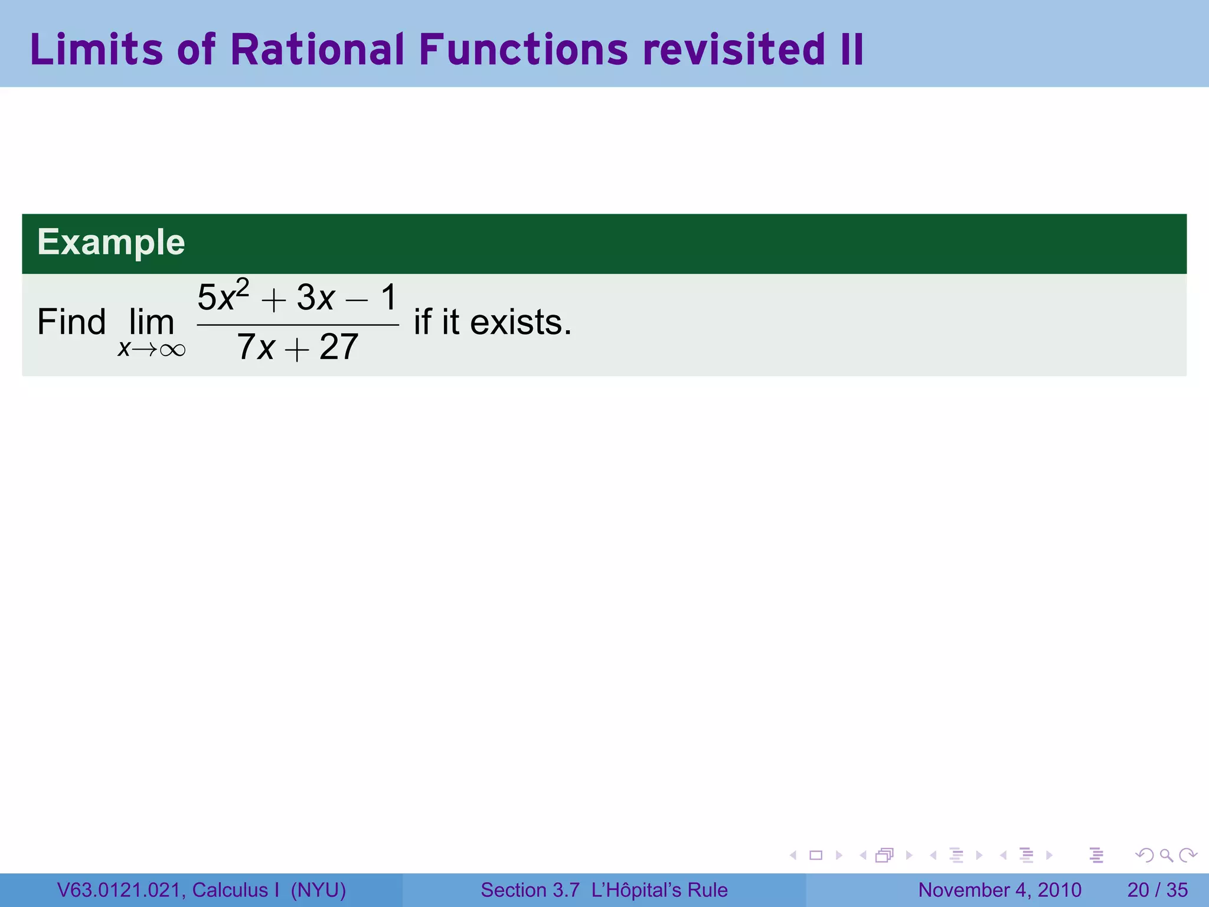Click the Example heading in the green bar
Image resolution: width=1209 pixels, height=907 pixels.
[x=111, y=242]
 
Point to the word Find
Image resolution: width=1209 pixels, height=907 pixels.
[x=71, y=322]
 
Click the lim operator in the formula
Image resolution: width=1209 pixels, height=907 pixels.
[x=152, y=323]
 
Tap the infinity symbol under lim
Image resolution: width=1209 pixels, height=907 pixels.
[x=172, y=350]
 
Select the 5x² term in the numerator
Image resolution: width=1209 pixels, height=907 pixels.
[x=222, y=296]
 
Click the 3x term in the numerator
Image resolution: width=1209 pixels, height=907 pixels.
[x=316, y=298]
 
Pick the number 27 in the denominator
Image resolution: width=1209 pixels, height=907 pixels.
[x=339, y=347]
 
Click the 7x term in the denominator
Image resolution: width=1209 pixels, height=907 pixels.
[x=256, y=347]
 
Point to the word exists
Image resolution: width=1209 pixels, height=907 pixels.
[x=520, y=322]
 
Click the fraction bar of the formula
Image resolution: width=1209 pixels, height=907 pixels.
[x=298, y=325]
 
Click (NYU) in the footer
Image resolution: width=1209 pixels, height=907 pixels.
[x=318, y=890]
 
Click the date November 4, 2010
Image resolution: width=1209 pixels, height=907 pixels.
[x=999, y=890]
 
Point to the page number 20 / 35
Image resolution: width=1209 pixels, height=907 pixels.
[x=1157, y=890]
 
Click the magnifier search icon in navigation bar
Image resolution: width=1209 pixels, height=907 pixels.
[x=1166, y=855]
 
